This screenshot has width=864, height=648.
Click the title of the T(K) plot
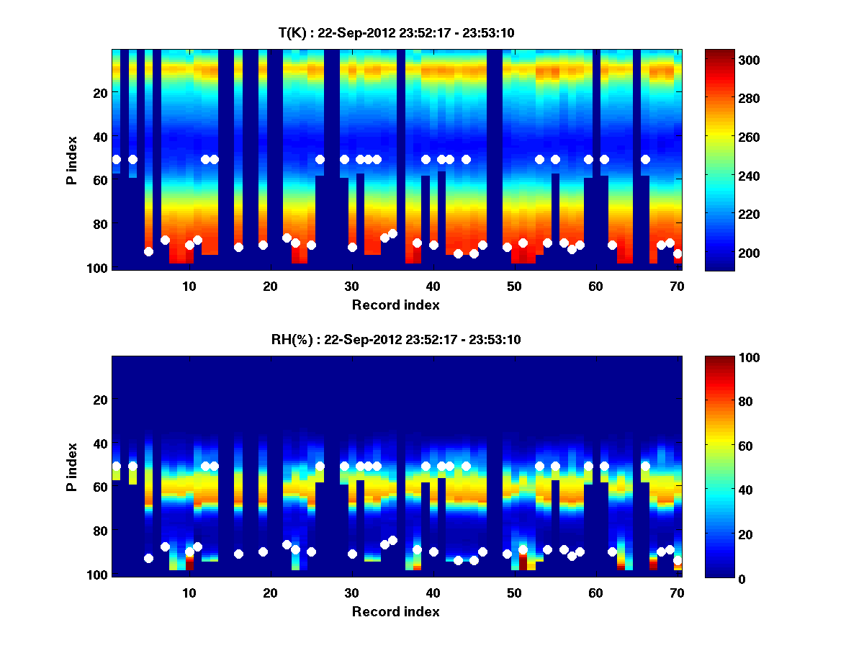click(397, 33)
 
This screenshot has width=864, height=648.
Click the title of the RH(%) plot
click(397, 340)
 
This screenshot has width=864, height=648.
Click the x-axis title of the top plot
click(396, 305)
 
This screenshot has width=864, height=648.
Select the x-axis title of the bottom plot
click(396, 611)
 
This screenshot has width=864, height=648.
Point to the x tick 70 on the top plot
click(677, 286)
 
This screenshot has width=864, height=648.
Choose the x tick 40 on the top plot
click(433, 286)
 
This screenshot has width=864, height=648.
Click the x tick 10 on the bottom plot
click(189, 593)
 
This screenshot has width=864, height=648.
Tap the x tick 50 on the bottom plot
click(514, 593)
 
